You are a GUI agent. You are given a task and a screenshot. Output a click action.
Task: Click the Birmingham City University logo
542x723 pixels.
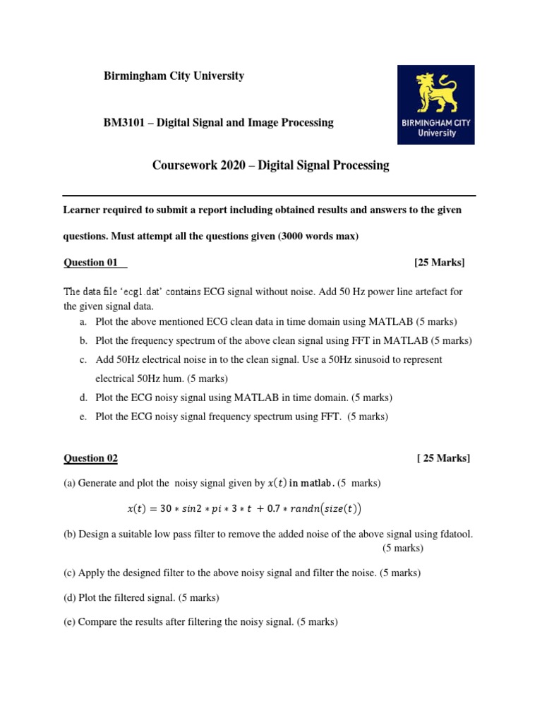435,104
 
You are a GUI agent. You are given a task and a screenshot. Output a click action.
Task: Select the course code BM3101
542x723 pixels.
124,122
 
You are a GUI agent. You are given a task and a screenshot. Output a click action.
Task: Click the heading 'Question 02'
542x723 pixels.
91,458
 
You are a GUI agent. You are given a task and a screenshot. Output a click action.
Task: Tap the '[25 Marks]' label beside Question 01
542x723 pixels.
439,263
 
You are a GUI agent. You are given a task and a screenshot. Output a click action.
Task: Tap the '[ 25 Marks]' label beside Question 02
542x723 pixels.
443,458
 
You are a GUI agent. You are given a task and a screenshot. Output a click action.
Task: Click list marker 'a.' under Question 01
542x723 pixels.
83,321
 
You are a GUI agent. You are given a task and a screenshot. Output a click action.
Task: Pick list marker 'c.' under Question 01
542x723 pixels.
83,359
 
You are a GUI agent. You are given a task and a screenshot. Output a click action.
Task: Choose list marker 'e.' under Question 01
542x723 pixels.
83,417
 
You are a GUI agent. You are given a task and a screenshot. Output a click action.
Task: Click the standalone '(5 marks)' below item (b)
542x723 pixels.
403,548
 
